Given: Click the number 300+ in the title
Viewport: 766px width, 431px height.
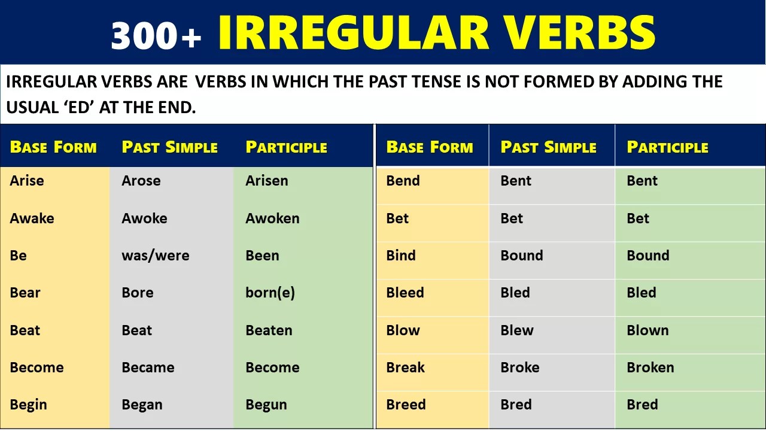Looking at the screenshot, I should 156,35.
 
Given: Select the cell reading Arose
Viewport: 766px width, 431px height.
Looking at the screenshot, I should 141,181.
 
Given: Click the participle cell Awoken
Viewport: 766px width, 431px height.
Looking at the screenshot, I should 272,218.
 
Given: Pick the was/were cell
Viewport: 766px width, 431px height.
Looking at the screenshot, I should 156,256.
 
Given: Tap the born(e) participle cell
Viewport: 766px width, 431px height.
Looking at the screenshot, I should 270,293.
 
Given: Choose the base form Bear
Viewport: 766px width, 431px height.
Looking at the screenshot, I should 25,293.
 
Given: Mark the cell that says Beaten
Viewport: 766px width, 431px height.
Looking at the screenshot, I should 269,330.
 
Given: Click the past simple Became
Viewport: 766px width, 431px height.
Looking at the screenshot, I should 148,368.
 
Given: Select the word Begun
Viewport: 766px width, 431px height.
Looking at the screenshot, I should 266,405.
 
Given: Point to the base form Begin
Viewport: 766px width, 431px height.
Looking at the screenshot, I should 28,405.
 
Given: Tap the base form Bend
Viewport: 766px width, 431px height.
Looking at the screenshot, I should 403,181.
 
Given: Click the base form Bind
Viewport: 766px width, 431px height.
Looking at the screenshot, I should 401,256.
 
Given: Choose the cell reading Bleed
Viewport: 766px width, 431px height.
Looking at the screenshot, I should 405,293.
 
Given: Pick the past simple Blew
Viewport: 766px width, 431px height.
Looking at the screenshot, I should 517,330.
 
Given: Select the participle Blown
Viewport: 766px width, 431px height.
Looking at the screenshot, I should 648,330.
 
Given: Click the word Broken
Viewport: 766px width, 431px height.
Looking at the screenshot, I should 650,368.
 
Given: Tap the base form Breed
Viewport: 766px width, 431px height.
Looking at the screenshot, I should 406,405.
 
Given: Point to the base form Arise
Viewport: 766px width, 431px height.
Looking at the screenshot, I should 27,181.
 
